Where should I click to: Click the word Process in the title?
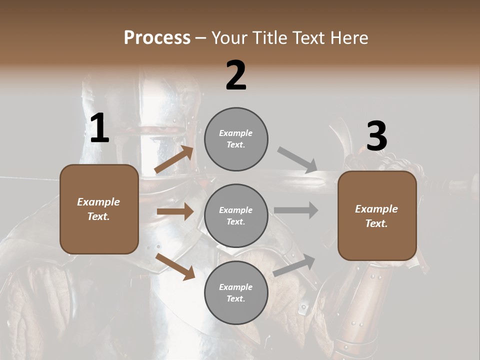[157, 38]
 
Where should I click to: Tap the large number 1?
[99, 128]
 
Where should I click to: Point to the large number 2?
[236, 75]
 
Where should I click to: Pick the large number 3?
[376, 136]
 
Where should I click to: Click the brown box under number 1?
[99, 209]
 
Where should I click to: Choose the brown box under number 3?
[377, 216]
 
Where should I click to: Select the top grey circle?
[236, 139]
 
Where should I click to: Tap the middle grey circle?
[236, 215]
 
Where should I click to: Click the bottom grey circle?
[236, 292]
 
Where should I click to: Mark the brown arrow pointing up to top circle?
[174, 159]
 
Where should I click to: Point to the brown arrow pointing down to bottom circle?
[175, 266]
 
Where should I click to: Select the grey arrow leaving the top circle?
[297, 160]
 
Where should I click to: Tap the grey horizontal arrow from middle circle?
[296, 210]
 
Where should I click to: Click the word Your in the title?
[229, 38]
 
